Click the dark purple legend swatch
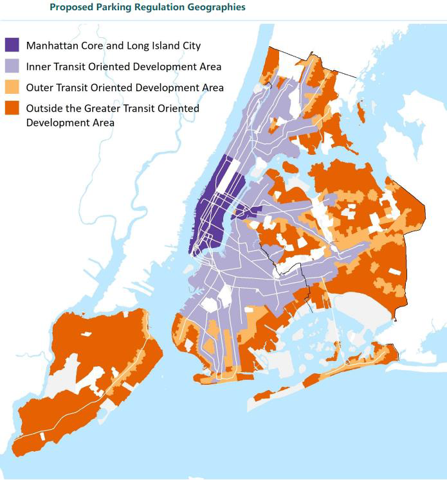12,46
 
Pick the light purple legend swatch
12,66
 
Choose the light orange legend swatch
12,87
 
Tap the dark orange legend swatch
12,109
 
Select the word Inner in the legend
39,66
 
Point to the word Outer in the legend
40,87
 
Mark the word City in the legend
190,46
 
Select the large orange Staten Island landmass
77,373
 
